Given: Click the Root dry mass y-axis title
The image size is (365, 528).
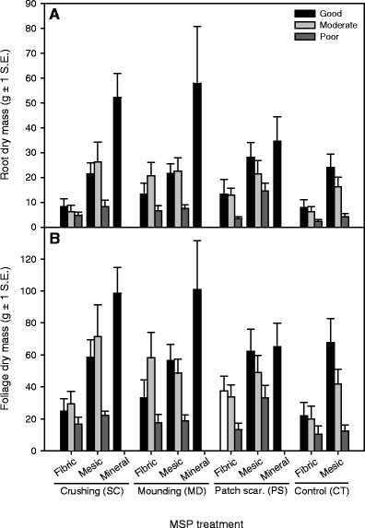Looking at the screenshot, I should [x=9, y=116].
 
